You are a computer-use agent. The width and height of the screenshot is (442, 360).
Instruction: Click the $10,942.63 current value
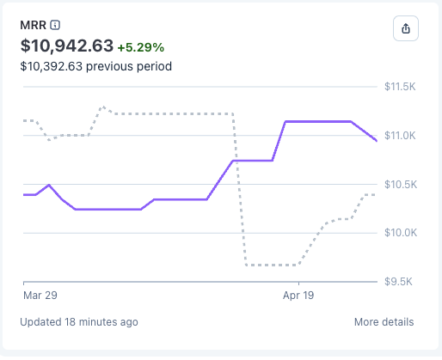(65, 45)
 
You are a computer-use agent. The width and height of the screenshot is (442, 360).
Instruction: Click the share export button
(406, 28)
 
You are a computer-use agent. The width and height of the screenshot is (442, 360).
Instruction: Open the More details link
(384, 322)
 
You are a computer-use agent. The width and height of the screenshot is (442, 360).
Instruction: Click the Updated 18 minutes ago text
(79, 322)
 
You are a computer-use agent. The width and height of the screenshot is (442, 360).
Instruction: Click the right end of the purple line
(376, 140)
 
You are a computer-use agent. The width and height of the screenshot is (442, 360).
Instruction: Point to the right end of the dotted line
(375, 195)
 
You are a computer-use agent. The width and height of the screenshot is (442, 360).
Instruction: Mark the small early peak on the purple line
(49, 185)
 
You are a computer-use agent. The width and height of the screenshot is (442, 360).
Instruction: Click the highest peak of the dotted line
(102, 107)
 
